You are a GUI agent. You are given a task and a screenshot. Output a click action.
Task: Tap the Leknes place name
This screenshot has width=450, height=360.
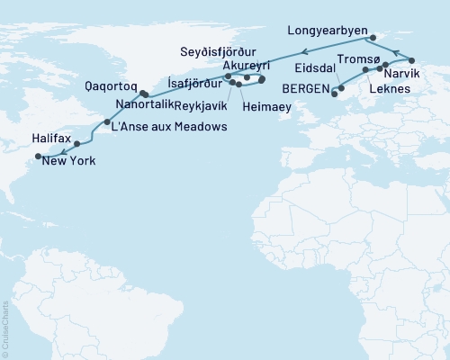coord(390,91)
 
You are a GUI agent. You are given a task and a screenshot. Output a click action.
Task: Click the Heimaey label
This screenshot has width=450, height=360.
coord(266,105)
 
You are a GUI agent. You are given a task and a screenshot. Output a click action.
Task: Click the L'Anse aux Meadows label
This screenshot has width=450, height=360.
coord(168,126)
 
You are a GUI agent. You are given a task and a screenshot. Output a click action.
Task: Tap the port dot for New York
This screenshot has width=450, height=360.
coord(39,157)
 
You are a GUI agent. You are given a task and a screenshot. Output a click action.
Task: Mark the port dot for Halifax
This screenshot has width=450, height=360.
coord(77,144)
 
